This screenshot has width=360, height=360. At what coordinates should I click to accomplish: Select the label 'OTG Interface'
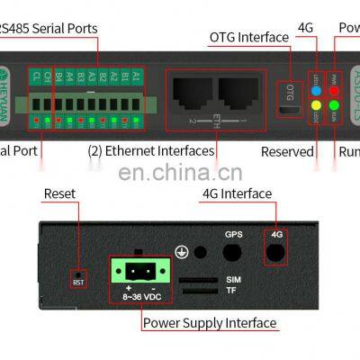pos(249,37)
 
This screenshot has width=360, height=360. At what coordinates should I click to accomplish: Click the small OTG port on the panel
pos(290,111)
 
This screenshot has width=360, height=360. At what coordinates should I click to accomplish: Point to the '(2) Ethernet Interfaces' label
pos(151,151)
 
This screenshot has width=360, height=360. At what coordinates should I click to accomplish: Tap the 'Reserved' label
pos(287,151)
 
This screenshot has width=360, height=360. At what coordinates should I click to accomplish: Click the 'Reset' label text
pos(59,193)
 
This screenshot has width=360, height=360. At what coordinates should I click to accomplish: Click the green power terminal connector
pos(135,269)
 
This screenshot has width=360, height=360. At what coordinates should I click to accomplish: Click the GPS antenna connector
pos(234,252)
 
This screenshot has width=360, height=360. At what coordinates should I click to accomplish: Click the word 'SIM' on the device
pos(233,280)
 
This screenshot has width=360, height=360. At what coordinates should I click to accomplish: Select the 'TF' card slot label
pos(233,292)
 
